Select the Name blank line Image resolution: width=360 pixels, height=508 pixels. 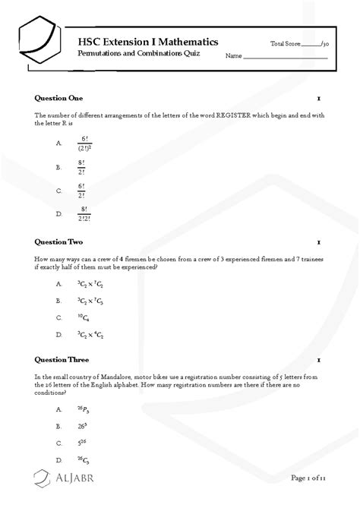point(285,57)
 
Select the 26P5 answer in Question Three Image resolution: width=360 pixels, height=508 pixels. point(83,410)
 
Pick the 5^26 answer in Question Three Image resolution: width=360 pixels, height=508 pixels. point(81,443)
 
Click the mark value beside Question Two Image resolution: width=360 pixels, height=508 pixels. point(319,242)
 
